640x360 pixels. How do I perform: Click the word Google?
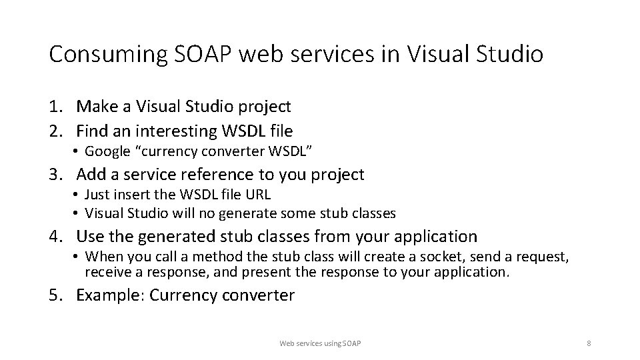(x=107, y=151)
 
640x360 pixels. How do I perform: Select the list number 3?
(x=55, y=175)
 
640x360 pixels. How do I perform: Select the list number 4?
(x=55, y=236)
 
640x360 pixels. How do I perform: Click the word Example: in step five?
(x=110, y=295)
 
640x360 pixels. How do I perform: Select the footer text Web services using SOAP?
(x=320, y=343)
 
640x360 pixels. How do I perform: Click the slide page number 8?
(x=589, y=343)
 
